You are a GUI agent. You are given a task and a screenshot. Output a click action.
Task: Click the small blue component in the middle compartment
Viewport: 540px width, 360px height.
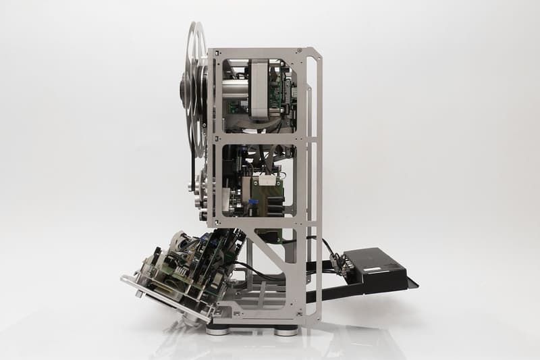[252, 201]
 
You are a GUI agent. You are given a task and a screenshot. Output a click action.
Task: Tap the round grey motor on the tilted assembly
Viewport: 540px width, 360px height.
[180, 242]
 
